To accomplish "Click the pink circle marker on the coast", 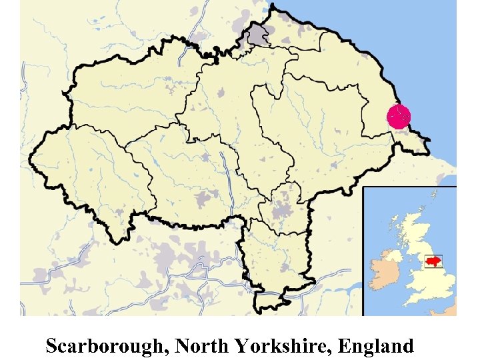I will pyautogui.click(x=399, y=117).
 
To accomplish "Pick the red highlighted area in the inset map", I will pyautogui.click(x=433, y=259).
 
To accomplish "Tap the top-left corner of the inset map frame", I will pyautogui.click(x=363, y=188).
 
